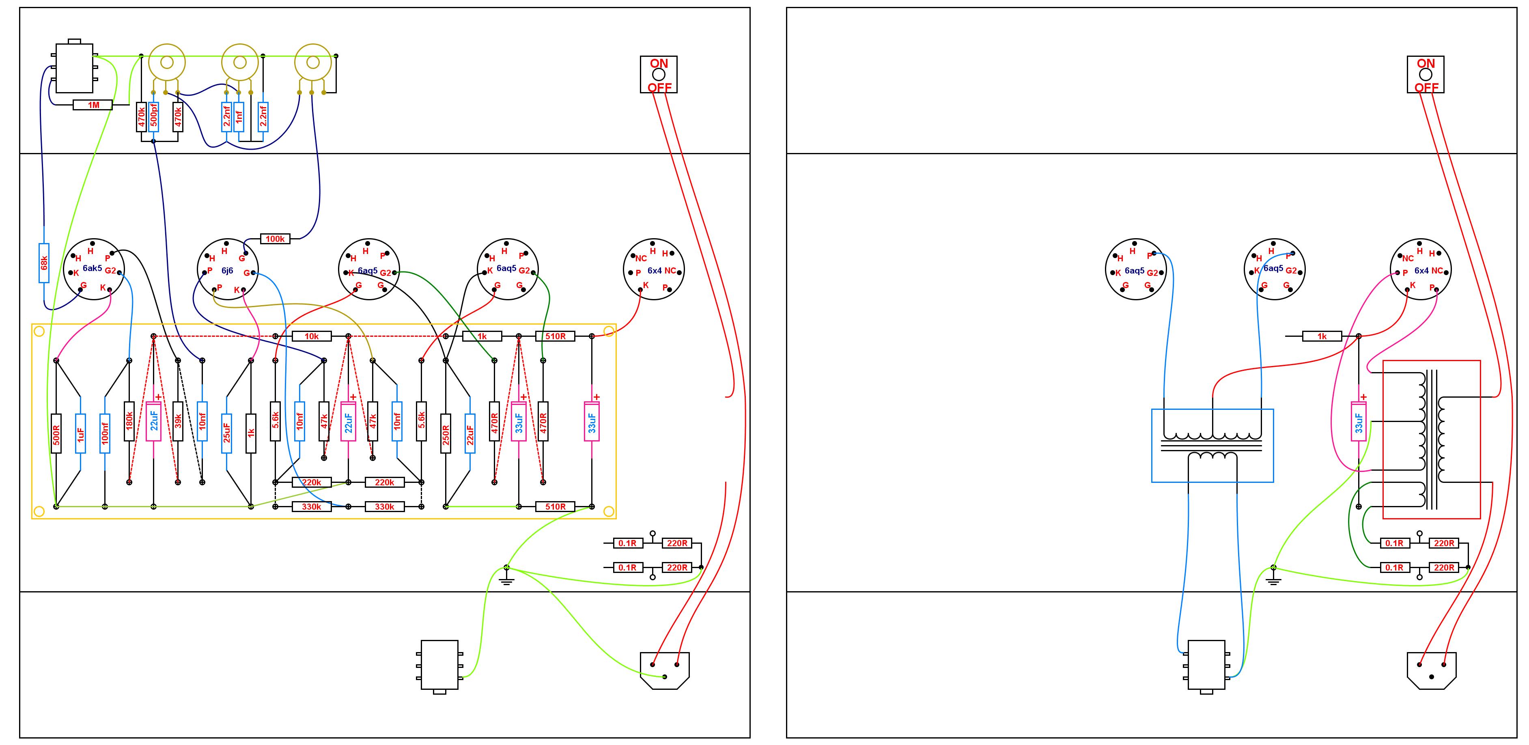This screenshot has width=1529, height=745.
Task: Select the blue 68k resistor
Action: (x=44, y=263)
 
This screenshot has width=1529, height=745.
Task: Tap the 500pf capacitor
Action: (x=154, y=117)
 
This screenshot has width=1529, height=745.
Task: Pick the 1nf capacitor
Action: (x=239, y=117)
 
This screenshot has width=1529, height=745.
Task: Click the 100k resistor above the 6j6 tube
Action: (x=276, y=239)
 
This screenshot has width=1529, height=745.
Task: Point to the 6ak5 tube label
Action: (x=92, y=268)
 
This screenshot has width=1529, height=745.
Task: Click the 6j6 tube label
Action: (x=227, y=271)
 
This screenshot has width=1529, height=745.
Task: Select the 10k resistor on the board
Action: (x=312, y=336)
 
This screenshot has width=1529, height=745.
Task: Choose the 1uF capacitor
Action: (x=81, y=433)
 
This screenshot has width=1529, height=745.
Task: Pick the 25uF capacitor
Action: (x=227, y=433)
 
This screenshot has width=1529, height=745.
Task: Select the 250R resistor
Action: (x=446, y=433)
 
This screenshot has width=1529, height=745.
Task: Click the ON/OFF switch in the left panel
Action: (x=659, y=75)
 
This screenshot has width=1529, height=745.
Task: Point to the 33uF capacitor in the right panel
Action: (x=1359, y=422)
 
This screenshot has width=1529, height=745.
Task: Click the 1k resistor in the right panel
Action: (x=1322, y=336)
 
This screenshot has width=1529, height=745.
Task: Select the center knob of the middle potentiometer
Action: (x=240, y=62)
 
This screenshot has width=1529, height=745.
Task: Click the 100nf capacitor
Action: (x=105, y=433)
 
